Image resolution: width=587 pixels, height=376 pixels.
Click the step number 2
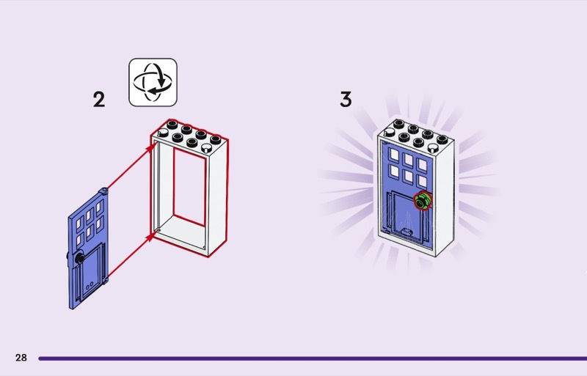point(99,99)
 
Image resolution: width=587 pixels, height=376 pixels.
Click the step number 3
point(346,99)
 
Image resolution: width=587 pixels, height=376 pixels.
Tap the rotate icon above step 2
point(153,82)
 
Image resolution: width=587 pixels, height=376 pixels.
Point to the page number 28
point(21,358)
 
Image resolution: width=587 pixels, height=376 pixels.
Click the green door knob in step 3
point(422,201)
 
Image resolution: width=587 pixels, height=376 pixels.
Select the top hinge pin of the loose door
point(107,191)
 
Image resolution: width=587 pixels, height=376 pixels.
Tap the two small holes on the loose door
point(89,283)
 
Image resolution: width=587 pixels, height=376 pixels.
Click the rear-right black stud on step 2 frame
point(215,139)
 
